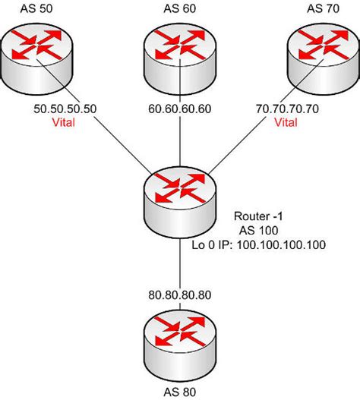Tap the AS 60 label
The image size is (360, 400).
pos(180,8)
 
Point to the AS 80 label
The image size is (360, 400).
pos(180,392)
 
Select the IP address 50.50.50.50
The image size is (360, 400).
pos(65,109)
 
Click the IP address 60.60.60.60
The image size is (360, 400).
pos(180,109)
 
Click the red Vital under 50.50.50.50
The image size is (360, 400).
pos(65,121)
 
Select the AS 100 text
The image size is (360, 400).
pos(261,229)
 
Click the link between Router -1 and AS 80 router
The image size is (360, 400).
pos(180,266)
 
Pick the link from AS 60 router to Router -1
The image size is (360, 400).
pos(180,140)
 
